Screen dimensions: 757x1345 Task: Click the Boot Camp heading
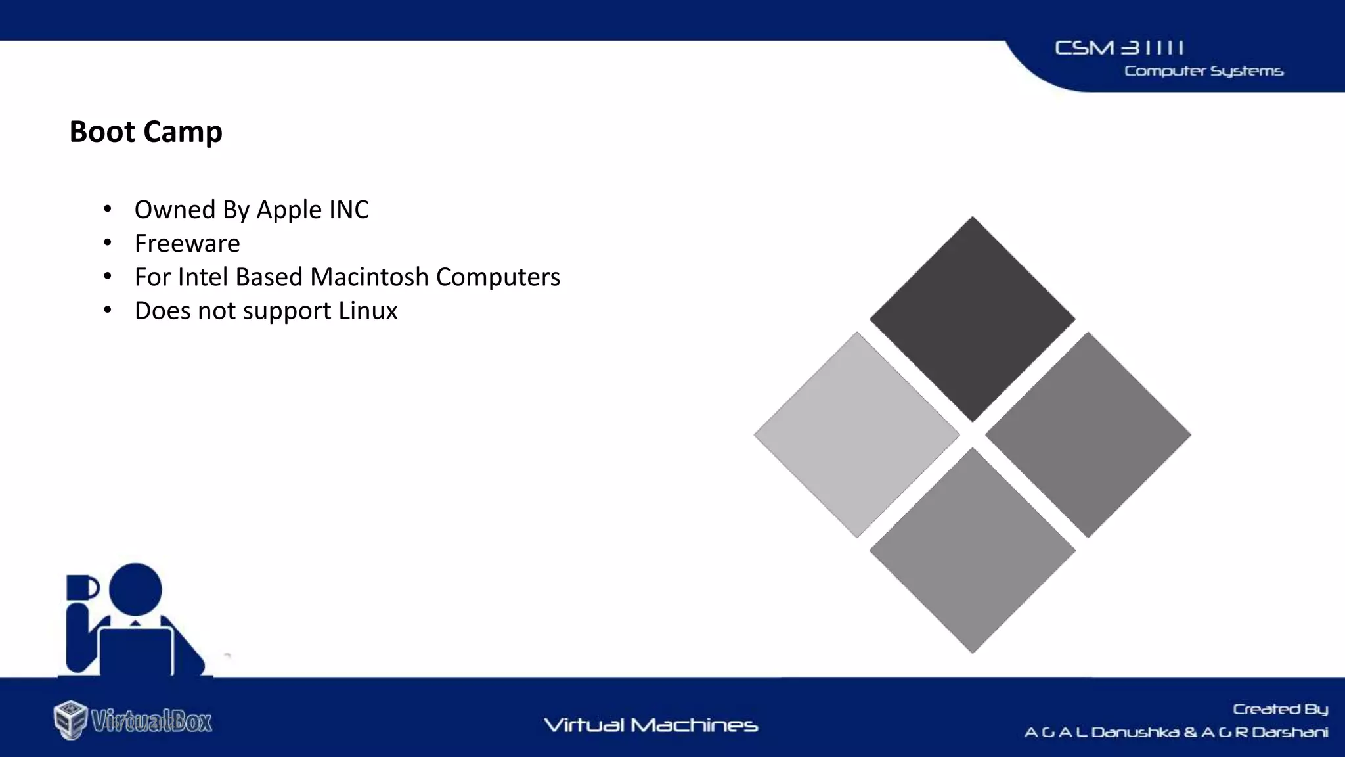coord(146,131)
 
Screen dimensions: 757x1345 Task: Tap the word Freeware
coord(187,244)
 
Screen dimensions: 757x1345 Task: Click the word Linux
coord(368,311)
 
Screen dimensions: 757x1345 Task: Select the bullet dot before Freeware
coord(108,243)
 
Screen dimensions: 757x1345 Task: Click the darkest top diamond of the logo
coord(972,319)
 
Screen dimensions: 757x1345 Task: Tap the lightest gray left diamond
coord(856,434)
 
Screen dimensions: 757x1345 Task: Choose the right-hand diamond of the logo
coord(1088,434)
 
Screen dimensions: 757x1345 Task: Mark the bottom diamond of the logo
coord(972,550)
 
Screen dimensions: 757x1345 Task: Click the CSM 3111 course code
coord(1119,48)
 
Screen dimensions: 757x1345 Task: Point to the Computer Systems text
coord(1203,71)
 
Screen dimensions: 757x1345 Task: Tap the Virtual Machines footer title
coord(651,725)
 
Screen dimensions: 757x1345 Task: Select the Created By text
coord(1280,709)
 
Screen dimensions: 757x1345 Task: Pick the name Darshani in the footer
coord(1290,732)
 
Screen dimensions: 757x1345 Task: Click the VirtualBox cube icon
coord(70,720)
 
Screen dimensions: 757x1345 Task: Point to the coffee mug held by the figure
coord(81,587)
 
